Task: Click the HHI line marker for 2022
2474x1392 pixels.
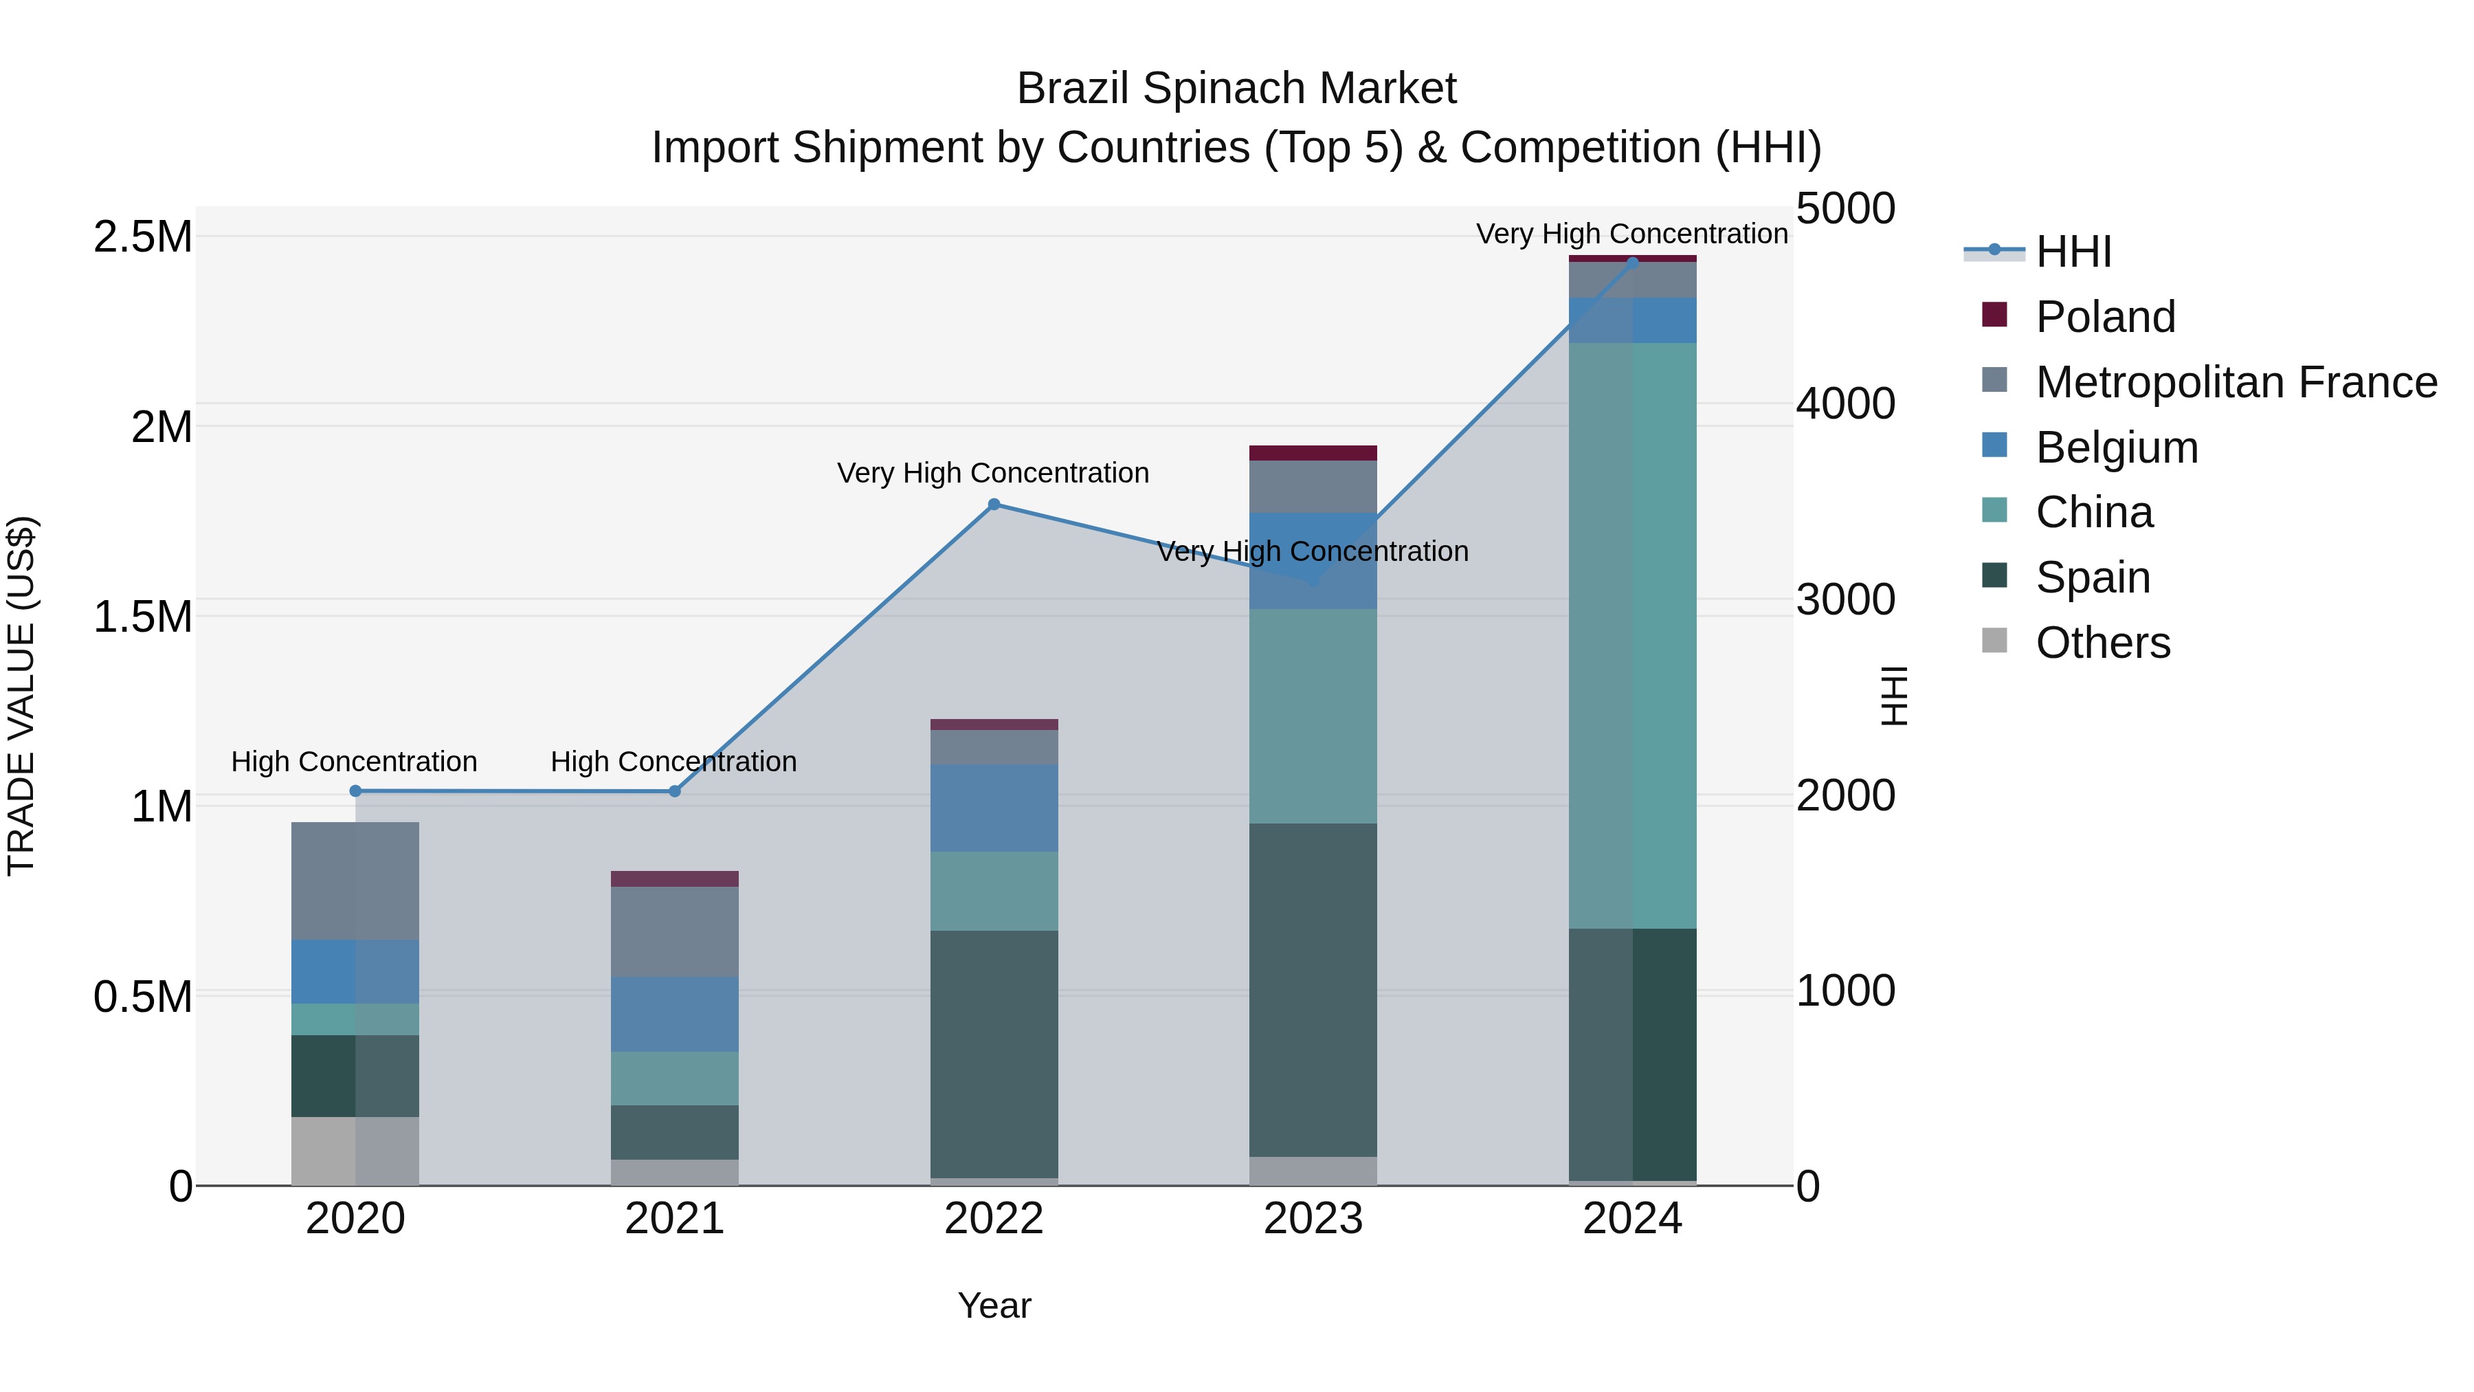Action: point(994,505)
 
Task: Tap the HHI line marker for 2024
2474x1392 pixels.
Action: point(1633,263)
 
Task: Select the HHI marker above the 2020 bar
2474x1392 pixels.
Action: point(355,791)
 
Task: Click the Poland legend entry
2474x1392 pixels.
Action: point(2104,317)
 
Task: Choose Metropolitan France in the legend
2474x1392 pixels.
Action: point(2236,382)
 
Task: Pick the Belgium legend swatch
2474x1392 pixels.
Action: point(1995,445)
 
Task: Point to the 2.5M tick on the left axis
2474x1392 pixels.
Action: point(142,237)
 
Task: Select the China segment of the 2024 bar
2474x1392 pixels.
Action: point(1633,634)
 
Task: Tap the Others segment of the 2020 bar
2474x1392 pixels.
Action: point(355,1150)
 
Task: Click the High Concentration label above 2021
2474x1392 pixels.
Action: point(673,762)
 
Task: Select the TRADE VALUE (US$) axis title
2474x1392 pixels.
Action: point(21,696)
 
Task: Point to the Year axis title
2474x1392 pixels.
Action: point(994,1305)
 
